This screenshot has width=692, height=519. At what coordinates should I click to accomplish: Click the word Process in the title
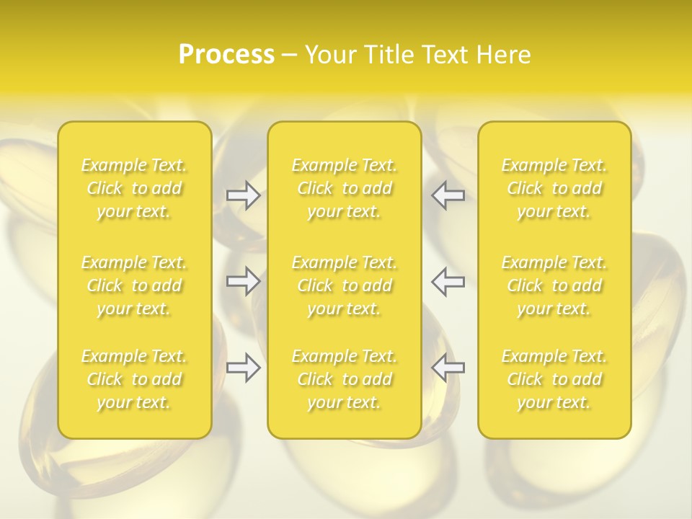pyautogui.click(x=226, y=55)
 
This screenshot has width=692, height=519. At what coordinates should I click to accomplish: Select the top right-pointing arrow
pyautogui.click(x=243, y=195)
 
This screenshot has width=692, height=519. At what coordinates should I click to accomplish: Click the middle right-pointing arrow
pyautogui.click(x=243, y=281)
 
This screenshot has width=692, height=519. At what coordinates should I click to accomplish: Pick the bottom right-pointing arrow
pyautogui.click(x=243, y=368)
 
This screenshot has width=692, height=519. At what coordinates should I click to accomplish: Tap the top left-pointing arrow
pyautogui.click(x=448, y=195)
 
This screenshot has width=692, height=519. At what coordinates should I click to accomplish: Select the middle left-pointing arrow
pyautogui.click(x=448, y=281)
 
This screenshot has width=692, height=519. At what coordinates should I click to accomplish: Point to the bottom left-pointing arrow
pyautogui.click(x=448, y=368)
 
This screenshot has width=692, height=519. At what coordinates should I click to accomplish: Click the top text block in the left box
pyautogui.click(x=134, y=188)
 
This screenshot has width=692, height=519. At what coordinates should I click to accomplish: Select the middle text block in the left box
pyautogui.click(x=134, y=285)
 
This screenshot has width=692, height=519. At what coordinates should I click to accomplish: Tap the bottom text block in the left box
pyautogui.click(x=134, y=379)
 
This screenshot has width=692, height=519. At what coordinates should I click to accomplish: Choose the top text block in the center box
pyautogui.click(x=344, y=188)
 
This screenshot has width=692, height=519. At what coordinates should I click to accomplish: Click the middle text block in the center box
pyautogui.click(x=344, y=285)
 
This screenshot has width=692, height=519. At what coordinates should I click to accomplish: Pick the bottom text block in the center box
pyautogui.click(x=344, y=379)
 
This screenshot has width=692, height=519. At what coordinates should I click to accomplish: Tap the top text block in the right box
pyautogui.click(x=554, y=188)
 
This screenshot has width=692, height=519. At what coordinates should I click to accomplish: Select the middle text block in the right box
pyautogui.click(x=554, y=285)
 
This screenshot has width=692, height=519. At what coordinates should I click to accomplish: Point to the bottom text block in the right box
pyautogui.click(x=554, y=379)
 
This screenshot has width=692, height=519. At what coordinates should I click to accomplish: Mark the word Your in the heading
pyautogui.click(x=330, y=55)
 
